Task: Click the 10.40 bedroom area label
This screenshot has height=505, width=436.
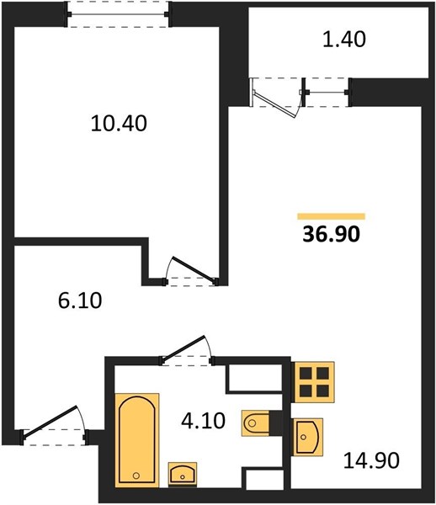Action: point(119,124)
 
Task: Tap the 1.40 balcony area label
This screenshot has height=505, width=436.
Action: point(344,40)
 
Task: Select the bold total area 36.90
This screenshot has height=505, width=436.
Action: point(331,234)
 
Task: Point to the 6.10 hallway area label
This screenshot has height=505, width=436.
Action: point(80,300)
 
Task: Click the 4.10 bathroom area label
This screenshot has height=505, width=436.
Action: point(203,421)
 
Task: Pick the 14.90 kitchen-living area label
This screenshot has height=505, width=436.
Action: point(371,460)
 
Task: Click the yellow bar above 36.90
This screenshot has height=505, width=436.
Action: point(331,216)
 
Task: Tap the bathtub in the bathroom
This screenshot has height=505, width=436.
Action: point(137,439)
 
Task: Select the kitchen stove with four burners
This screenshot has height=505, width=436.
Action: point(314,382)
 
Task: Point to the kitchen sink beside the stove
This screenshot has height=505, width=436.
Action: point(308,437)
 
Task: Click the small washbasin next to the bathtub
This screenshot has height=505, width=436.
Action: point(183,474)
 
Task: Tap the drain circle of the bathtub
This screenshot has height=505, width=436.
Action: point(136,475)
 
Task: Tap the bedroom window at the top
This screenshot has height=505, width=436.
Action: point(118,14)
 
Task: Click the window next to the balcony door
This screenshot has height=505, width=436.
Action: point(326,93)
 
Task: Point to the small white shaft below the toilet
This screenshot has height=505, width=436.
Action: point(264,480)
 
